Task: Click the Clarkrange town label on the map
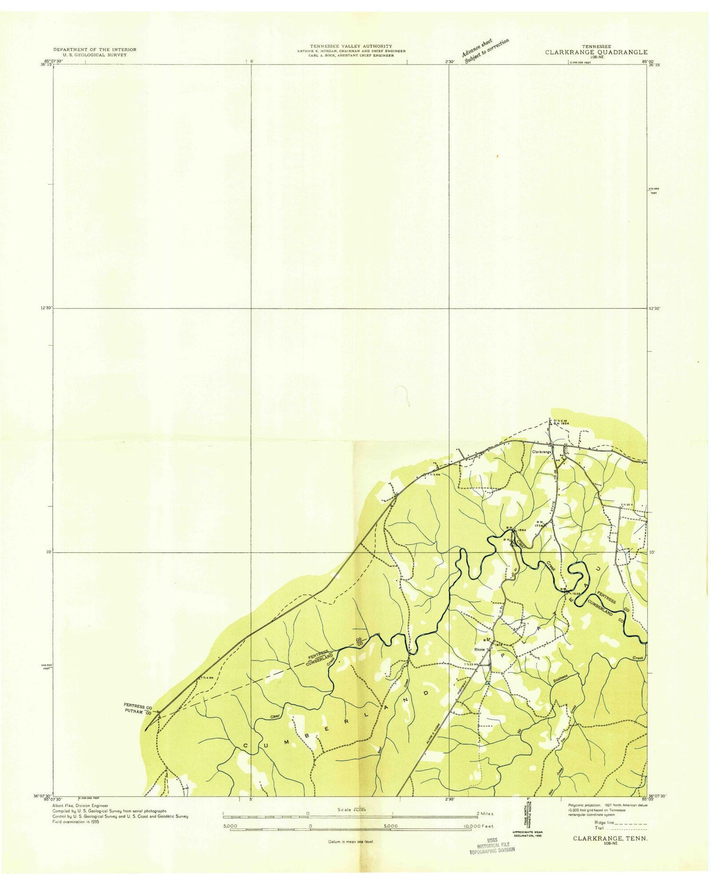coord(542,452)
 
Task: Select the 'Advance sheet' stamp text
coord(478,46)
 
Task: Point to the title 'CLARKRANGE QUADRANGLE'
coord(596,53)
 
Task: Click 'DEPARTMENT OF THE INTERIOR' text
coord(95,49)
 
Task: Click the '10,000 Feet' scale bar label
coord(480,826)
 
